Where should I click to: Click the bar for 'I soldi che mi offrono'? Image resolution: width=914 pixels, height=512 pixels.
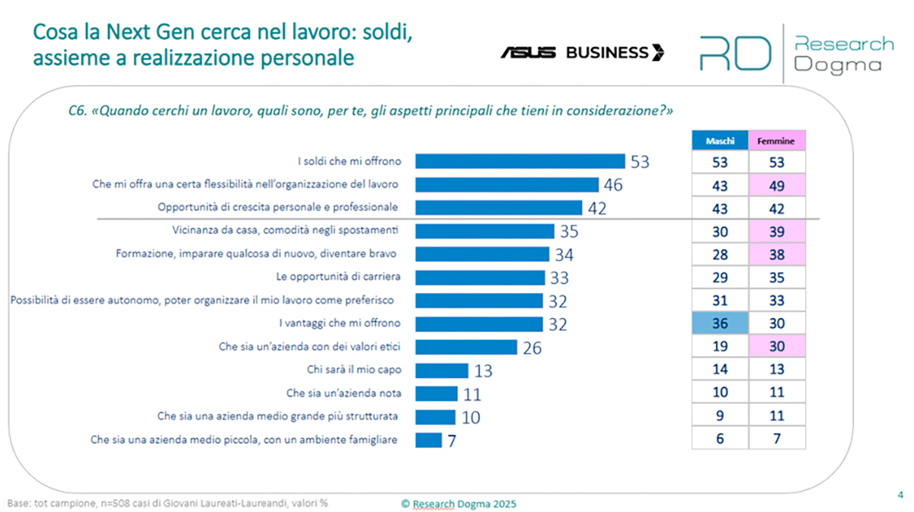coord(520,161)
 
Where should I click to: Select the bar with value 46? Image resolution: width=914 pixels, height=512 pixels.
coord(507,185)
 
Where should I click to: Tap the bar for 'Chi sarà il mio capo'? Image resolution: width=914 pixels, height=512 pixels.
coord(442,370)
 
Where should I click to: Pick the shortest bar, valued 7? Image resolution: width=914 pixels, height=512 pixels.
coord(429,440)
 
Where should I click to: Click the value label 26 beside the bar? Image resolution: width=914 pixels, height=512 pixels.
coord(531,348)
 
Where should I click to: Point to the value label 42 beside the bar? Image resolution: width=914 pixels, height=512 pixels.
coord(597,208)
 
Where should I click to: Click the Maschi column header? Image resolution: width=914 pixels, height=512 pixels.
coord(720,142)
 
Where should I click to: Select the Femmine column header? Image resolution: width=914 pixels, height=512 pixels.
coord(777,142)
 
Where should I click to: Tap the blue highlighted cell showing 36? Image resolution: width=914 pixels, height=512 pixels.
coord(720,323)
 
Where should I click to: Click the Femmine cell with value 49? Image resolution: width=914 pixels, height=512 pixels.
coord(777,185)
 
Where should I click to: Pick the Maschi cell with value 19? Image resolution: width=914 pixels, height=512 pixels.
coord(720,347)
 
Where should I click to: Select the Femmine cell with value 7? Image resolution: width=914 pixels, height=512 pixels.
coord(777,439)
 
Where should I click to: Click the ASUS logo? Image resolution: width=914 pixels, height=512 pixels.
coord(529,52)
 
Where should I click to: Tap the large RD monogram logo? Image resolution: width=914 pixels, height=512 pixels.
coord(735,53)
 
